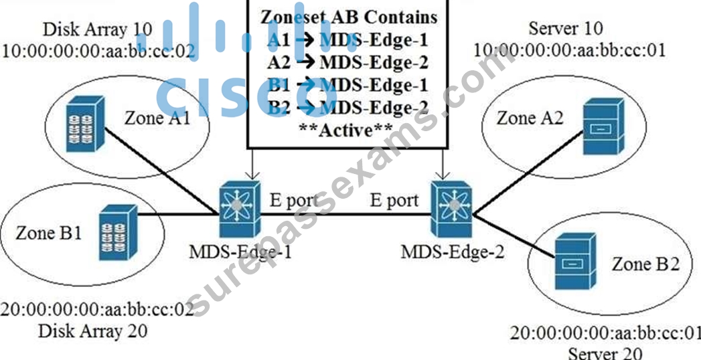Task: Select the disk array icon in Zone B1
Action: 118,232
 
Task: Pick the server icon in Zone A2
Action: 603,127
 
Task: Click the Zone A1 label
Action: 157,119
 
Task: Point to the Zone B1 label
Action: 49,233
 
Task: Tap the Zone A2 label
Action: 530,118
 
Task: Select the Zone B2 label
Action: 645,264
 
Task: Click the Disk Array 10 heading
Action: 98,29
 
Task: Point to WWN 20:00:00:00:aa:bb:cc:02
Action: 98,309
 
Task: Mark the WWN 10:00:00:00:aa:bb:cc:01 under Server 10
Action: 570,49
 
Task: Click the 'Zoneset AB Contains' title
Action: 348,17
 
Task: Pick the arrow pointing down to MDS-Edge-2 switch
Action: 443,163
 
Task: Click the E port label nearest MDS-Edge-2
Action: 394,201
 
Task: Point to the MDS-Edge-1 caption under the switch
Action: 240,252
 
